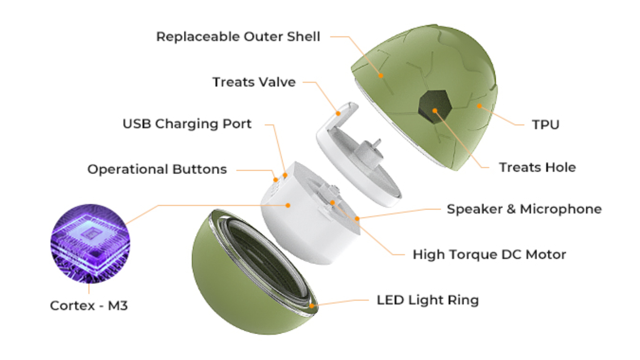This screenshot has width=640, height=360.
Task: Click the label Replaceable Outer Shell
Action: (x=238, y=37)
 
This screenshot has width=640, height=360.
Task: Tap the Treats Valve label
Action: (x=254, y=82)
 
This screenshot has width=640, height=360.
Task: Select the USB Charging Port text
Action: (x=187, y=124)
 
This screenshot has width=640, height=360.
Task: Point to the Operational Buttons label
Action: (x=157, y=169)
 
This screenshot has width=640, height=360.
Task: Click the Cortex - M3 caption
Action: (x=89, y=306)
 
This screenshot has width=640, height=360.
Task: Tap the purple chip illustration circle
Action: (x=90, y=244)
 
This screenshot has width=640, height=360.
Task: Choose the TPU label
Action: (x=545, y=125)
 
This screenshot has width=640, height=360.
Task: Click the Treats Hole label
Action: (x=537, y=168)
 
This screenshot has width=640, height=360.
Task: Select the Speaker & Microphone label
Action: (x=524, y=209)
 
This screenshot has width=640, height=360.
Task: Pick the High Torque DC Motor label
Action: (x=489, y=255)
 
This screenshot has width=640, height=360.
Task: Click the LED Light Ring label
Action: (x=428, y=300)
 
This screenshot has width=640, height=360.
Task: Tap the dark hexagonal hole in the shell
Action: (x=435, y=107)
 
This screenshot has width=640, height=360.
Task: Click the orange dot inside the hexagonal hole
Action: (x=435, y=111)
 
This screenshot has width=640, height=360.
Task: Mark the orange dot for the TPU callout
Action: (x=480, y=106)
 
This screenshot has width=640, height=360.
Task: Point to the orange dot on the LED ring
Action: (x=312, y=306)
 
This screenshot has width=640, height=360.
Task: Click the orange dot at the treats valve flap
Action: (x=338, y=113)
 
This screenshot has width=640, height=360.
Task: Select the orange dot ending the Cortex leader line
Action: (x=288, y=206)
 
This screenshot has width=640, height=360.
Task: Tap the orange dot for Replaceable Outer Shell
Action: (x=381, y=76)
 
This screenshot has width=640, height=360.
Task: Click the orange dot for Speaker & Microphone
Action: (x=357, y=219)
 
